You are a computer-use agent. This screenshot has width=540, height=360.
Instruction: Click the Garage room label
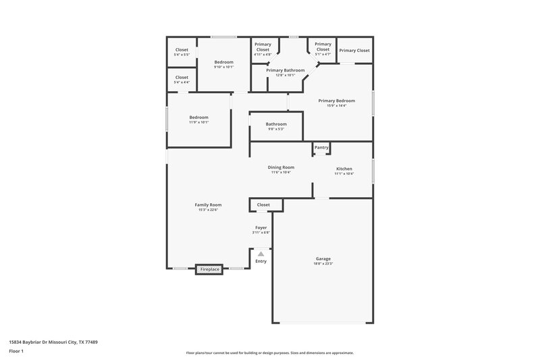point(323,258)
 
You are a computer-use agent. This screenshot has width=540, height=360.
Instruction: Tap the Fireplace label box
point(209,269)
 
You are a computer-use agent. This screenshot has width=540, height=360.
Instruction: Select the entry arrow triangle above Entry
point(261,254)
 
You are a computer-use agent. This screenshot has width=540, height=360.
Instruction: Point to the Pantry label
point(321,147)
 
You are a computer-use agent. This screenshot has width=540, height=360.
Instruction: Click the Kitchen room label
point(344,169)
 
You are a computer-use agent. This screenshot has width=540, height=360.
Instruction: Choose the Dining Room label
point(281,168)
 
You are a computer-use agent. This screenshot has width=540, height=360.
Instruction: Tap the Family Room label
point(208,205)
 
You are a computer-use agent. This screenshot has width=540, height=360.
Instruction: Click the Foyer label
point(261,228)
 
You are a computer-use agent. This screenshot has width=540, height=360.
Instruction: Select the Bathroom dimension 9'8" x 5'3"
point(276,129)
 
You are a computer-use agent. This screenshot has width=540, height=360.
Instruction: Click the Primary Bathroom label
point(285,70)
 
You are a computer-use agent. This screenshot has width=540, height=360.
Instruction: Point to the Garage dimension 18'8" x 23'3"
point(323,263)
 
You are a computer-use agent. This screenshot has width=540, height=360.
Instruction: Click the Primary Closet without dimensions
point(354,51)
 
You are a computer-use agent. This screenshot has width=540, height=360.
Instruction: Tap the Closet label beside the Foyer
point(263,205)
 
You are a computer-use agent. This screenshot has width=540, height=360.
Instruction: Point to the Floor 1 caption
point(17,352)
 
